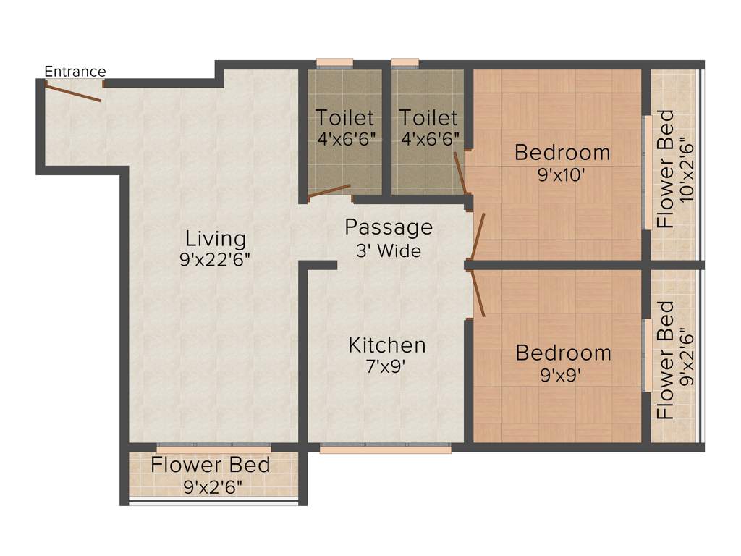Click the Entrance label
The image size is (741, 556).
pyautogui.click(x=75, y=72)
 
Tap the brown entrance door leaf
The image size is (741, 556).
pyautogui.click(x=72, y=92)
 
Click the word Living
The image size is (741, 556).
pyautogui.click(x=215, y=238)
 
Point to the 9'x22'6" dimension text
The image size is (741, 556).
pyautogui.click(x=215, y=260)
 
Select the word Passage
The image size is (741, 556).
pyautogui.click(x=389, y=227)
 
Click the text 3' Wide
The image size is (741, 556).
pyautogui.click(x=389, y=251)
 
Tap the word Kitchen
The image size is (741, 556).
pyautogui.click(x=387, y=345)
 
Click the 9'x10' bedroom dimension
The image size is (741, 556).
pyautogui.click(x=562, y=174)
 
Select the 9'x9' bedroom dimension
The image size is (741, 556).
pyautogui.click(x=562, y=375)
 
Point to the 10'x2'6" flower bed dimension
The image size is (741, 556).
pyautogui.click(x=687, y=170)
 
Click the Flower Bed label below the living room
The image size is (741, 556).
pyautogui.click(x=211, y=465)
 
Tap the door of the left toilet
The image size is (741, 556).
pyautogui.click(x=329, y=192)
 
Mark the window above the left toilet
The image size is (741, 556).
pyautogui.click(x=334, y=62)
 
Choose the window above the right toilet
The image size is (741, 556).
pyautogui.click(x=405, y=62)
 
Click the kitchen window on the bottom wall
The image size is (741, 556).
pyautogui.click(x=385, y=449)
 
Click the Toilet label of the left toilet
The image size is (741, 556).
pyautogui.click(x=344, y=117)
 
